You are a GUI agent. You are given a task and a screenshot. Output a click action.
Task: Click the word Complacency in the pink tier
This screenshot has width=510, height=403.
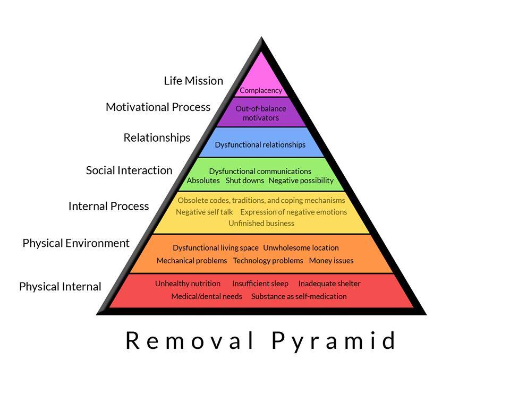pyautogui.click(x=260, y=90)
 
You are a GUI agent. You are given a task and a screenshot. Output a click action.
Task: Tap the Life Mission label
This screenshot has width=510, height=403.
pyautogui.click(x=193, y=81)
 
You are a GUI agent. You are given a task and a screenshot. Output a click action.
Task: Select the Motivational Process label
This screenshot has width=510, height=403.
pyautogui.click(x=158, y=107)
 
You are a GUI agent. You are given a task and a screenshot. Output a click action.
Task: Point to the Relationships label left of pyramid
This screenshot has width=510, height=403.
pyautogui.click(x=157, y=138)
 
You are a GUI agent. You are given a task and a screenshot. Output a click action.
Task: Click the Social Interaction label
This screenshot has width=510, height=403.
pyautogui.click(x=129, y=170)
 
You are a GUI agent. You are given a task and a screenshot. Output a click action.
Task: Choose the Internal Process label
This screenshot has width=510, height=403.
pyautogui.click(x=108, y=206)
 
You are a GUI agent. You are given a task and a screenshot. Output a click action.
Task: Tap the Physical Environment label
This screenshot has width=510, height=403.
pyautogui.click(x=76, y=243)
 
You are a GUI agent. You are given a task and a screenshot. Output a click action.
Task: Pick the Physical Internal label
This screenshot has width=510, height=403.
pyautogui.click(x=60, y=287)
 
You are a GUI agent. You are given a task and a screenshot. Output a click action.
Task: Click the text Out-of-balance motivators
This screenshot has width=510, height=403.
pyautogui.click(x=260, y=113)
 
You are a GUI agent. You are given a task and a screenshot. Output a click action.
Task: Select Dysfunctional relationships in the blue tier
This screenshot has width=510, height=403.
pyautogui.click(x=260, y=144)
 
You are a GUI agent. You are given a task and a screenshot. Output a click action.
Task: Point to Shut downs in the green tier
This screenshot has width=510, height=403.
pyautogui.click(x=244, y=181)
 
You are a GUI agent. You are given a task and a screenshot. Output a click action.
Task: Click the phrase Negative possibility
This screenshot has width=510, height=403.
pyautogui.click(x=301, y=181)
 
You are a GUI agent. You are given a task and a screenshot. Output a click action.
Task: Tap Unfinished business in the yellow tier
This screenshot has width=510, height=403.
pyautogui.click(x=261, y=224)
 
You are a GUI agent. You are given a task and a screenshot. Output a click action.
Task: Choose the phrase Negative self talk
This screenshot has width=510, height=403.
pyautogui.click(x=204, y=212)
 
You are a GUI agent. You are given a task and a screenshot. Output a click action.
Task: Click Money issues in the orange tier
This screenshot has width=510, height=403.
pyautogui.click(x=331, y=261)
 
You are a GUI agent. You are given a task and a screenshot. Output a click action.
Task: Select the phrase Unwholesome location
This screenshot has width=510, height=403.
pyautogui.click(x=301, y=248)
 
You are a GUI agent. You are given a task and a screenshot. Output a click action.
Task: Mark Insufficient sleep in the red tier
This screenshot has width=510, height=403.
pyautogui.click(x=260, y=284)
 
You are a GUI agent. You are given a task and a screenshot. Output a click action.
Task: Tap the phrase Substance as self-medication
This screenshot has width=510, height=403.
pyautogui.click(x=299, y=296)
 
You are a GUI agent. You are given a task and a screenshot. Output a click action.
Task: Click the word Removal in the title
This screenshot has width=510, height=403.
pyautogui.click(x=190, y=341)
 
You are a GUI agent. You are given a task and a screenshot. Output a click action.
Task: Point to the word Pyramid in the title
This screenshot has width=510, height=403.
pyautogui.click(x=334, y=341)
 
